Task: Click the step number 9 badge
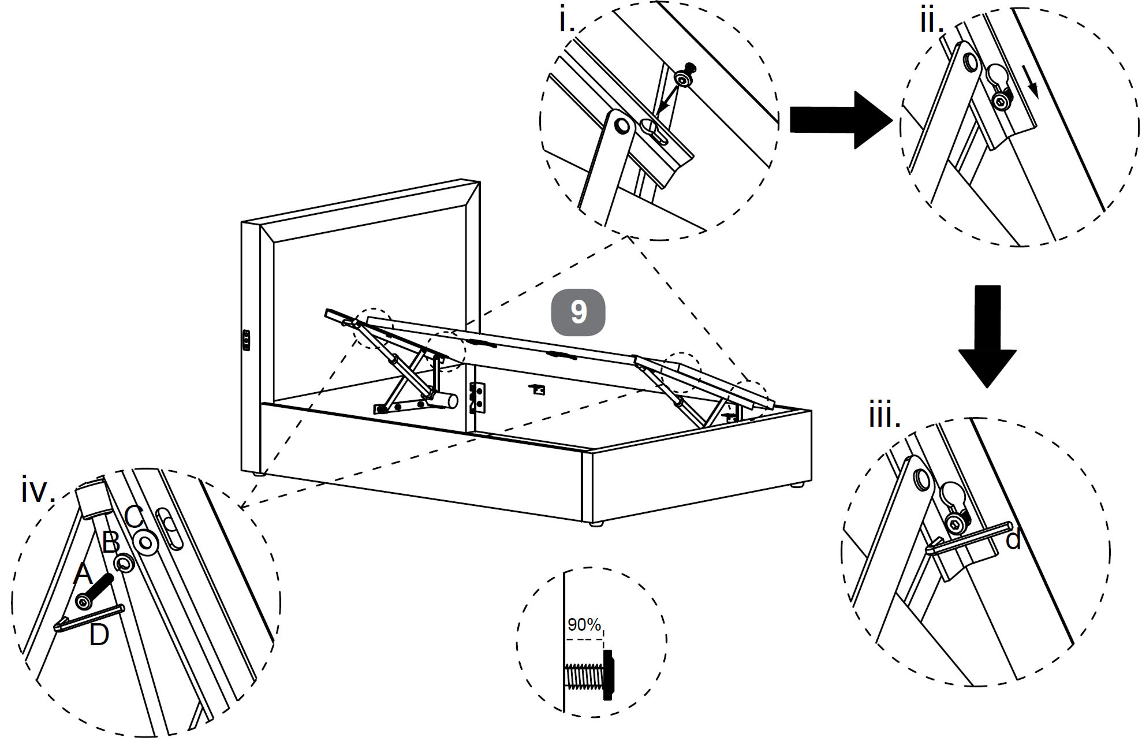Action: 578,312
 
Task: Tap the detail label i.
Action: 566,21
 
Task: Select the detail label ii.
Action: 931,21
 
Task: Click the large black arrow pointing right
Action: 840,120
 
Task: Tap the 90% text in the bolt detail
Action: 584,625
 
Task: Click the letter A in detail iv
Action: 84,574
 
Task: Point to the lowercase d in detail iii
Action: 1013,541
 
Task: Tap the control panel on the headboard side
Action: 245,341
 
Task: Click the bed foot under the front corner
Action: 597,524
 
